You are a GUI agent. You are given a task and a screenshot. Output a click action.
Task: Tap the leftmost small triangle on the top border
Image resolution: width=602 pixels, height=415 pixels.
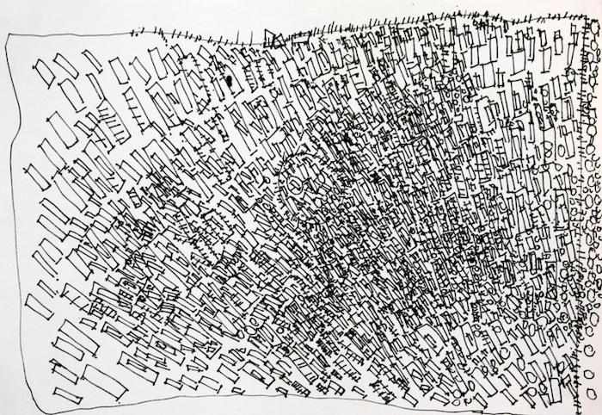point(274,35)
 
